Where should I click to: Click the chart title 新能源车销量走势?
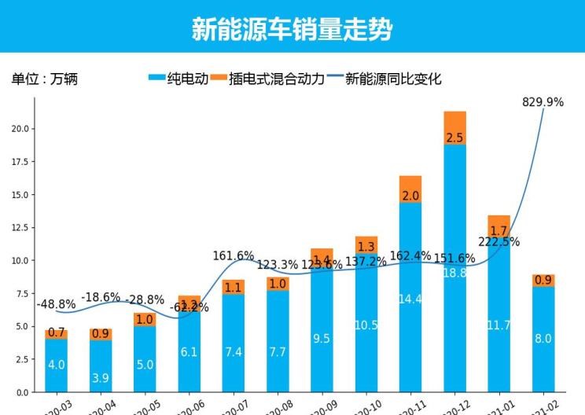(x=292, y=29)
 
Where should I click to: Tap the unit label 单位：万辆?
(x=45, y=79)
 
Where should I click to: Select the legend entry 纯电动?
(x=178, y=79)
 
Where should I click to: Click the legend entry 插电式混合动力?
(x=267, y=79)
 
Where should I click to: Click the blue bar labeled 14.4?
(x=410, y=299)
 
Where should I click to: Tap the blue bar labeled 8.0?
(x=543, y=339)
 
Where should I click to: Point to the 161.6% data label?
(x=234, y=255)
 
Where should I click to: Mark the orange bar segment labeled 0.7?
(x=56, y=333)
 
